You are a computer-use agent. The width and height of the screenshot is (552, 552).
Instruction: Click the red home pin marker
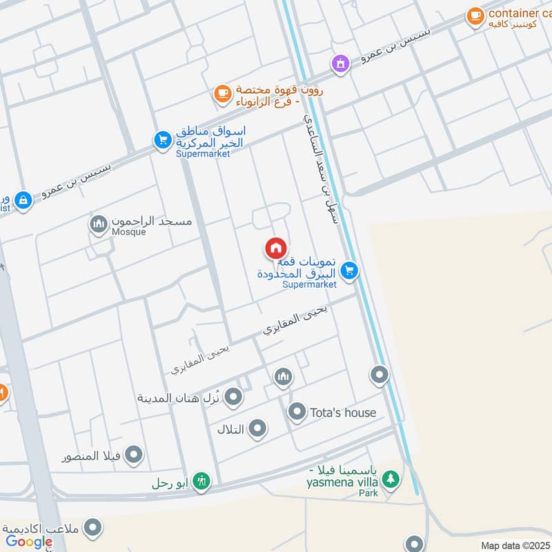pyautogui.click(x=275, y=248)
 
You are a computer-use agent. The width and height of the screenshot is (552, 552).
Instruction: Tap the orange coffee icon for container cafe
pyautogui.click(x=475, y=15)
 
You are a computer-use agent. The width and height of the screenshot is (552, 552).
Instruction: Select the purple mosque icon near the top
pyautogui.click(x=339, y=64)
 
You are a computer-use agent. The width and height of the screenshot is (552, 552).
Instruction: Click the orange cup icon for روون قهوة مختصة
pyautogui.click(x=221, y=94)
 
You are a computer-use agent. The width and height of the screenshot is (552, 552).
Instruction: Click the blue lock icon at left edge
pyautogui.click(x=23, y=201)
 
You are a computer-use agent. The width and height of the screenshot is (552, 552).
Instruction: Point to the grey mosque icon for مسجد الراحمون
pyautogui.click(x=98, y=224)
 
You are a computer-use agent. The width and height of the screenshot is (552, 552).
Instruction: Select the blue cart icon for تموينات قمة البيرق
pyautogui.click(x=350, y=271)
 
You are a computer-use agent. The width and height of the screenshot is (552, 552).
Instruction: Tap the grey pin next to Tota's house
pyautogui.click(x=297, y=412)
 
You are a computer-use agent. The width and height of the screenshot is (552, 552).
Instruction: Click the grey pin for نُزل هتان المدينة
pyautogui.click(x=234, y=397)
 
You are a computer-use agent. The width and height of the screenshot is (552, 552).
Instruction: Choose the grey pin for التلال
pyautogui.click(x=257, y=429)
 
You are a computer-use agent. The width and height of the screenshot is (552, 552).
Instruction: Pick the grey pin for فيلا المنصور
pyautogui.click(x=134, y=455)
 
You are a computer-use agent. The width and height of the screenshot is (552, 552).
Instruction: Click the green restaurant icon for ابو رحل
pyautogui.click(x=201, y=480)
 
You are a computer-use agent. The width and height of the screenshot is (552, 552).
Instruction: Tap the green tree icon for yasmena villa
pyautogui.click(x=391, y=479)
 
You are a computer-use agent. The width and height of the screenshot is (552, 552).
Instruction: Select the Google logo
pyautogui.click(x=29, y=542)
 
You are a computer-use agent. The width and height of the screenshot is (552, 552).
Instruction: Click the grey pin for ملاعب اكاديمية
pyautogui.click(x=92, y=529)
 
